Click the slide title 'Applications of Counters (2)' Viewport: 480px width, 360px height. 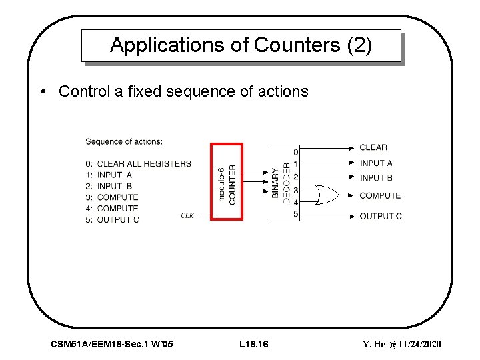click(241, 45)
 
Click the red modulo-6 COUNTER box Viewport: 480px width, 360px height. click(227, 181)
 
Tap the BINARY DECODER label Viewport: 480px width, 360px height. click(281, 181)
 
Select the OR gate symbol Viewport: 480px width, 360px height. click(327, 195)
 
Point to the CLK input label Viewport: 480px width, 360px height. click(187, 215)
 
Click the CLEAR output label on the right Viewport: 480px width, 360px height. click(373, 147)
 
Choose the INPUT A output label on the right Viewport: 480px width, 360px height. click(376, 163)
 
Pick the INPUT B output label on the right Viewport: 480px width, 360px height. click(376, 178)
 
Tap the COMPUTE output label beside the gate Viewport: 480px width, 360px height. click(380, 195)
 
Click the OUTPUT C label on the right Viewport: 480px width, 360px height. click(381, 216)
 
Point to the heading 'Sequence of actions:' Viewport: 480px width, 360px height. click(124, 141)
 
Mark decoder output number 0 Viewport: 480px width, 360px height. click(295, 152)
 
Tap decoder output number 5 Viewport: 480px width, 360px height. click(295, 214)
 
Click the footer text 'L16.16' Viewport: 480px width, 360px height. click(253, 344)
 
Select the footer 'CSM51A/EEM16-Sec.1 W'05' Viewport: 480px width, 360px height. click(112, 344)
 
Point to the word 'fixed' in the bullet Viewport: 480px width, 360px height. click(141, 91)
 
